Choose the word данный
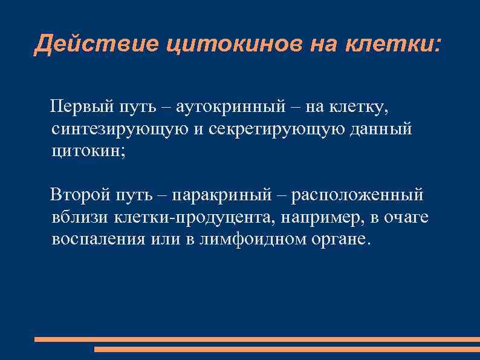[x=381, y=129]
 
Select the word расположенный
[x=358, y=195]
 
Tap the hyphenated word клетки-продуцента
[x=193, y=217]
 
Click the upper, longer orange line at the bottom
[x=257, y=339]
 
